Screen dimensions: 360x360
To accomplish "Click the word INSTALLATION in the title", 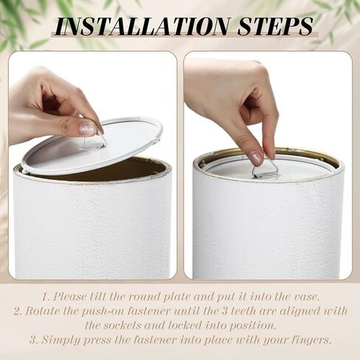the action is (x=142, y=26).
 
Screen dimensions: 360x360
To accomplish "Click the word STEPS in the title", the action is (x=275, y=26).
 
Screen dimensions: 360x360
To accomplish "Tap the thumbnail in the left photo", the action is (x=87, y=128).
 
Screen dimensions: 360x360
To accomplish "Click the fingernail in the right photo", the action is (x=256, y=158).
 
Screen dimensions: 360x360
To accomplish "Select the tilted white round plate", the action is (x=92, y=146).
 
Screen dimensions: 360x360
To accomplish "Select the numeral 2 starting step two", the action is (x=17, y=311).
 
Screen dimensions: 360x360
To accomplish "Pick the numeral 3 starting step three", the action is (x=33, y=340).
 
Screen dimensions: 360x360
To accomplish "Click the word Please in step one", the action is (x=70, y=297).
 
